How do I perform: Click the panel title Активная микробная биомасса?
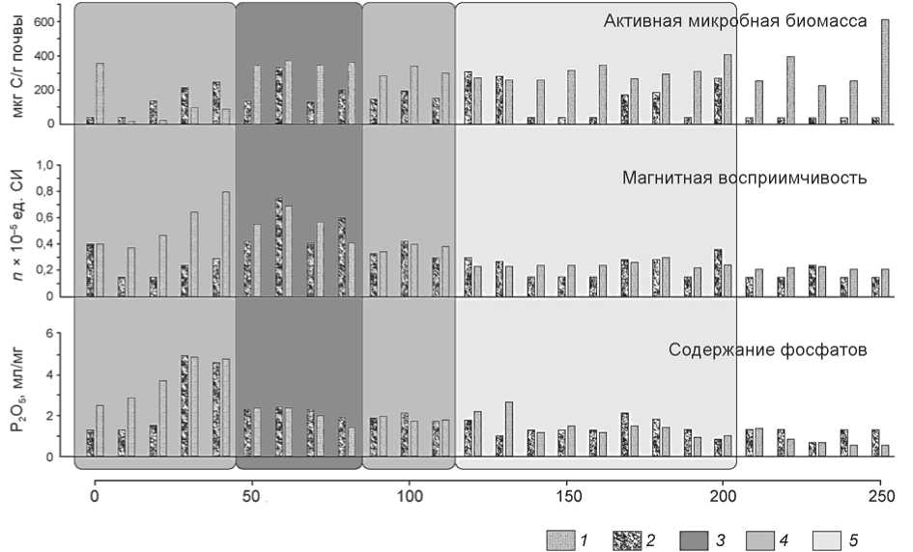tap(735, 20)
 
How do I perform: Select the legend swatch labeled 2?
tap(631, 538)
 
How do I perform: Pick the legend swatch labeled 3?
tap(699, 538)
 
